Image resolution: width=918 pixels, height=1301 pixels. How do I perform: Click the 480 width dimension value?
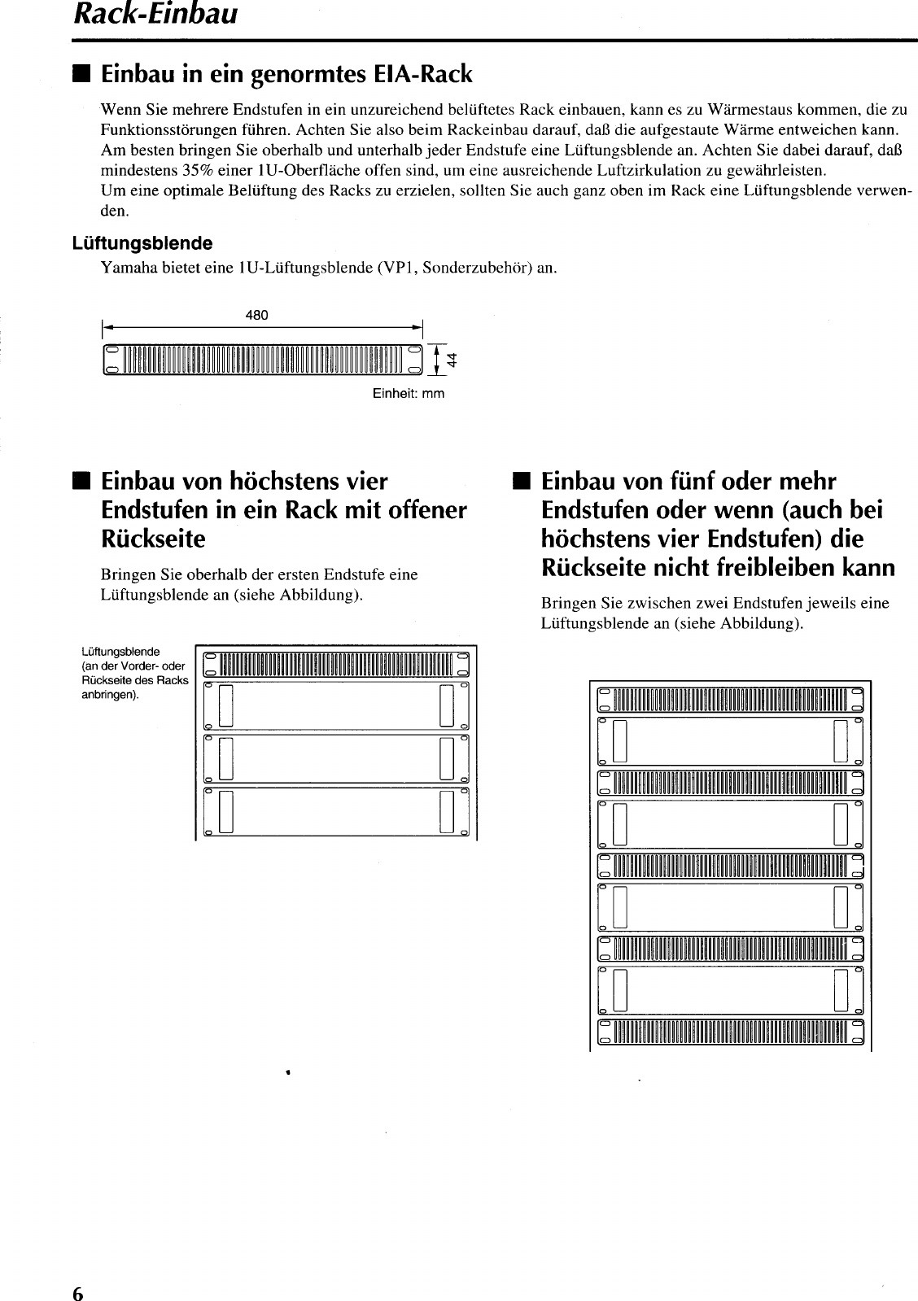pyautogui.click(x=256, y=316)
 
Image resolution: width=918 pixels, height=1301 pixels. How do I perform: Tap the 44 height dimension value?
pyautogui.click(x=452, y=359)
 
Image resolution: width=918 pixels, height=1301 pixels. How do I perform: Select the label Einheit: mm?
pyautogui.click(x=409, y=393)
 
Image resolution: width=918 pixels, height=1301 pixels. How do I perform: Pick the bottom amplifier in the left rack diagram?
pyautogui.click(x=335, y=812)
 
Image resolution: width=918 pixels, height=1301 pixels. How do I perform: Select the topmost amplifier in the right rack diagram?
pyautogui.click(x=730, y=740)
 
